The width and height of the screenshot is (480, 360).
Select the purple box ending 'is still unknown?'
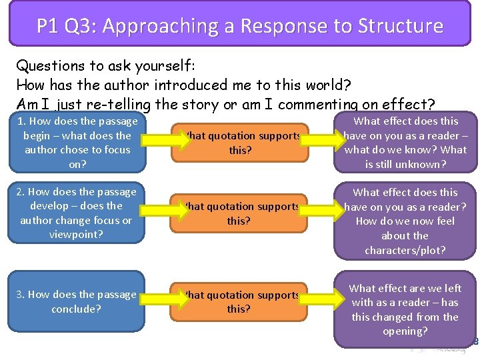coord(405,143)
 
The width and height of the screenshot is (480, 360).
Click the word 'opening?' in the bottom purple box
coord(405,331)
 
